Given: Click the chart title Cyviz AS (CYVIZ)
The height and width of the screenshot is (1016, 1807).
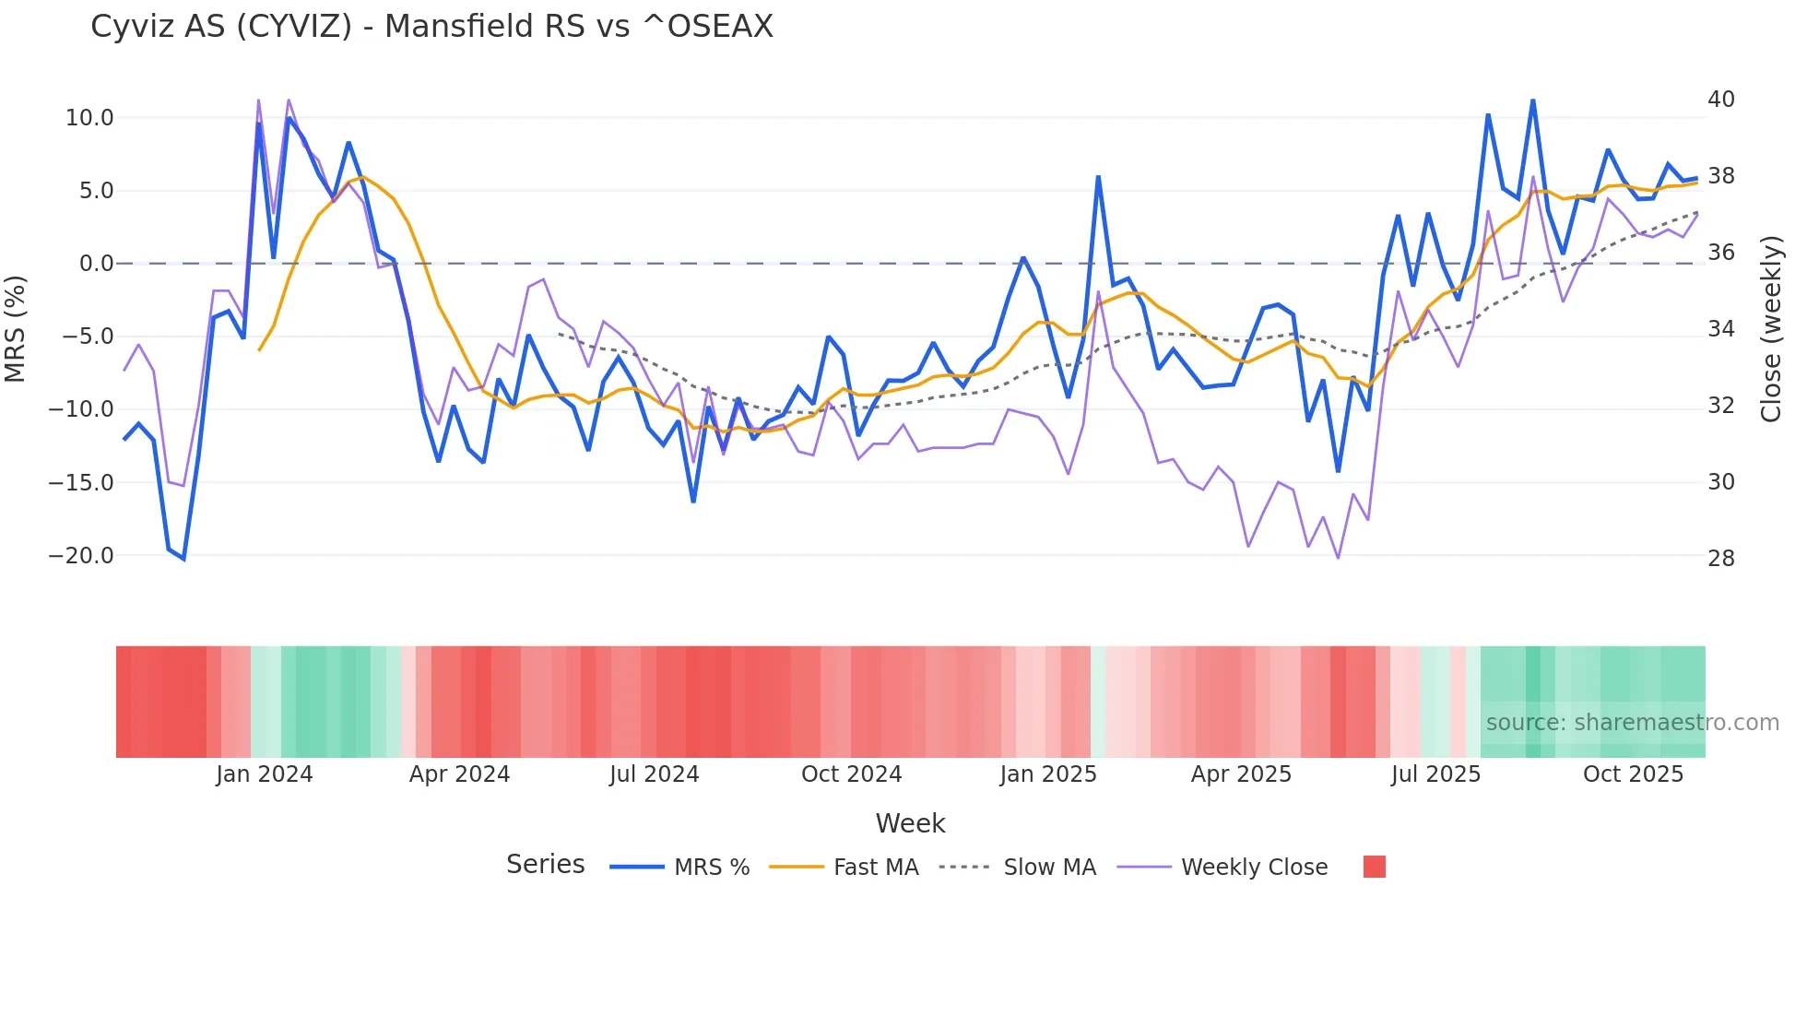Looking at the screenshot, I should point(431,27).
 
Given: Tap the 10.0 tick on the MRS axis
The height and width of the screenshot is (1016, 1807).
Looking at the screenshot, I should point(89,118).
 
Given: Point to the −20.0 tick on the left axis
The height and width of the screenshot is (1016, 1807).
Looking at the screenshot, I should point(81,556).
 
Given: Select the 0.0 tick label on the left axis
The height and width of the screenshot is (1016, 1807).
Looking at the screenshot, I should point(96,264).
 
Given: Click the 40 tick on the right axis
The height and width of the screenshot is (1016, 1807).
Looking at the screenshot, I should point(1720,100).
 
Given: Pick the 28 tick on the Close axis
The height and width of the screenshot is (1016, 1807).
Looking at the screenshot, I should point(1720,559).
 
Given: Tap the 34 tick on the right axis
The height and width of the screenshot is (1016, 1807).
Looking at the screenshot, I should point(1720,329).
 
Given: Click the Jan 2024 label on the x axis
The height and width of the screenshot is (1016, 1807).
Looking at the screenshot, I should point(265,774).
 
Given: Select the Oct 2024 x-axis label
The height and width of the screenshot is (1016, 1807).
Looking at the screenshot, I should point(851,774).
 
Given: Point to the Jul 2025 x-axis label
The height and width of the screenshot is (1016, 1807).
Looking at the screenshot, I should point(1435,774).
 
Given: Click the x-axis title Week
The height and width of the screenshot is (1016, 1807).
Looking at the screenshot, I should point(910,823).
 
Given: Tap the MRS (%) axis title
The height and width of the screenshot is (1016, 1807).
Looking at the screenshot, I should point(16,328).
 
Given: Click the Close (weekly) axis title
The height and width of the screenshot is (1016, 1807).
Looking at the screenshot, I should point(1771,329).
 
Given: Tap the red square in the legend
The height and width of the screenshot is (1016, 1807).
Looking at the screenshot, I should point(1374,867).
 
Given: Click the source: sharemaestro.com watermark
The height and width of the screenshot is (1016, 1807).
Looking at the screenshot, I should point(1632,723).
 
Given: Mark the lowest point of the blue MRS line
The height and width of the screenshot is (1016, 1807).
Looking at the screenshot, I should point(183,559).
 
